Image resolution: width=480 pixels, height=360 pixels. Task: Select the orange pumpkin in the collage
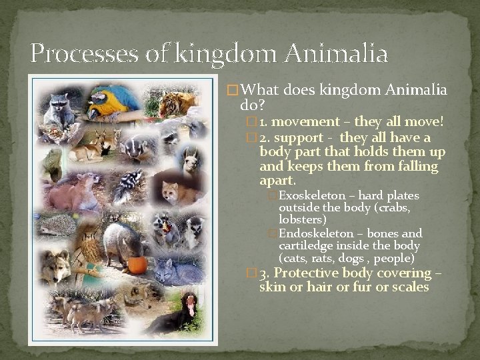137,264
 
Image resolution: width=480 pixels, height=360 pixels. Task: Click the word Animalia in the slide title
334,53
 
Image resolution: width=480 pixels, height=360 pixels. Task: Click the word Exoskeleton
312,196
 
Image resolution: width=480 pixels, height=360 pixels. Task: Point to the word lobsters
303,219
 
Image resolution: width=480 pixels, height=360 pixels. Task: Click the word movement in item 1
306,122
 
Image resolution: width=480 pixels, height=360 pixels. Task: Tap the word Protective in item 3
313,273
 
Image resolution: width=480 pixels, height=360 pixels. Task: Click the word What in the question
259,90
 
